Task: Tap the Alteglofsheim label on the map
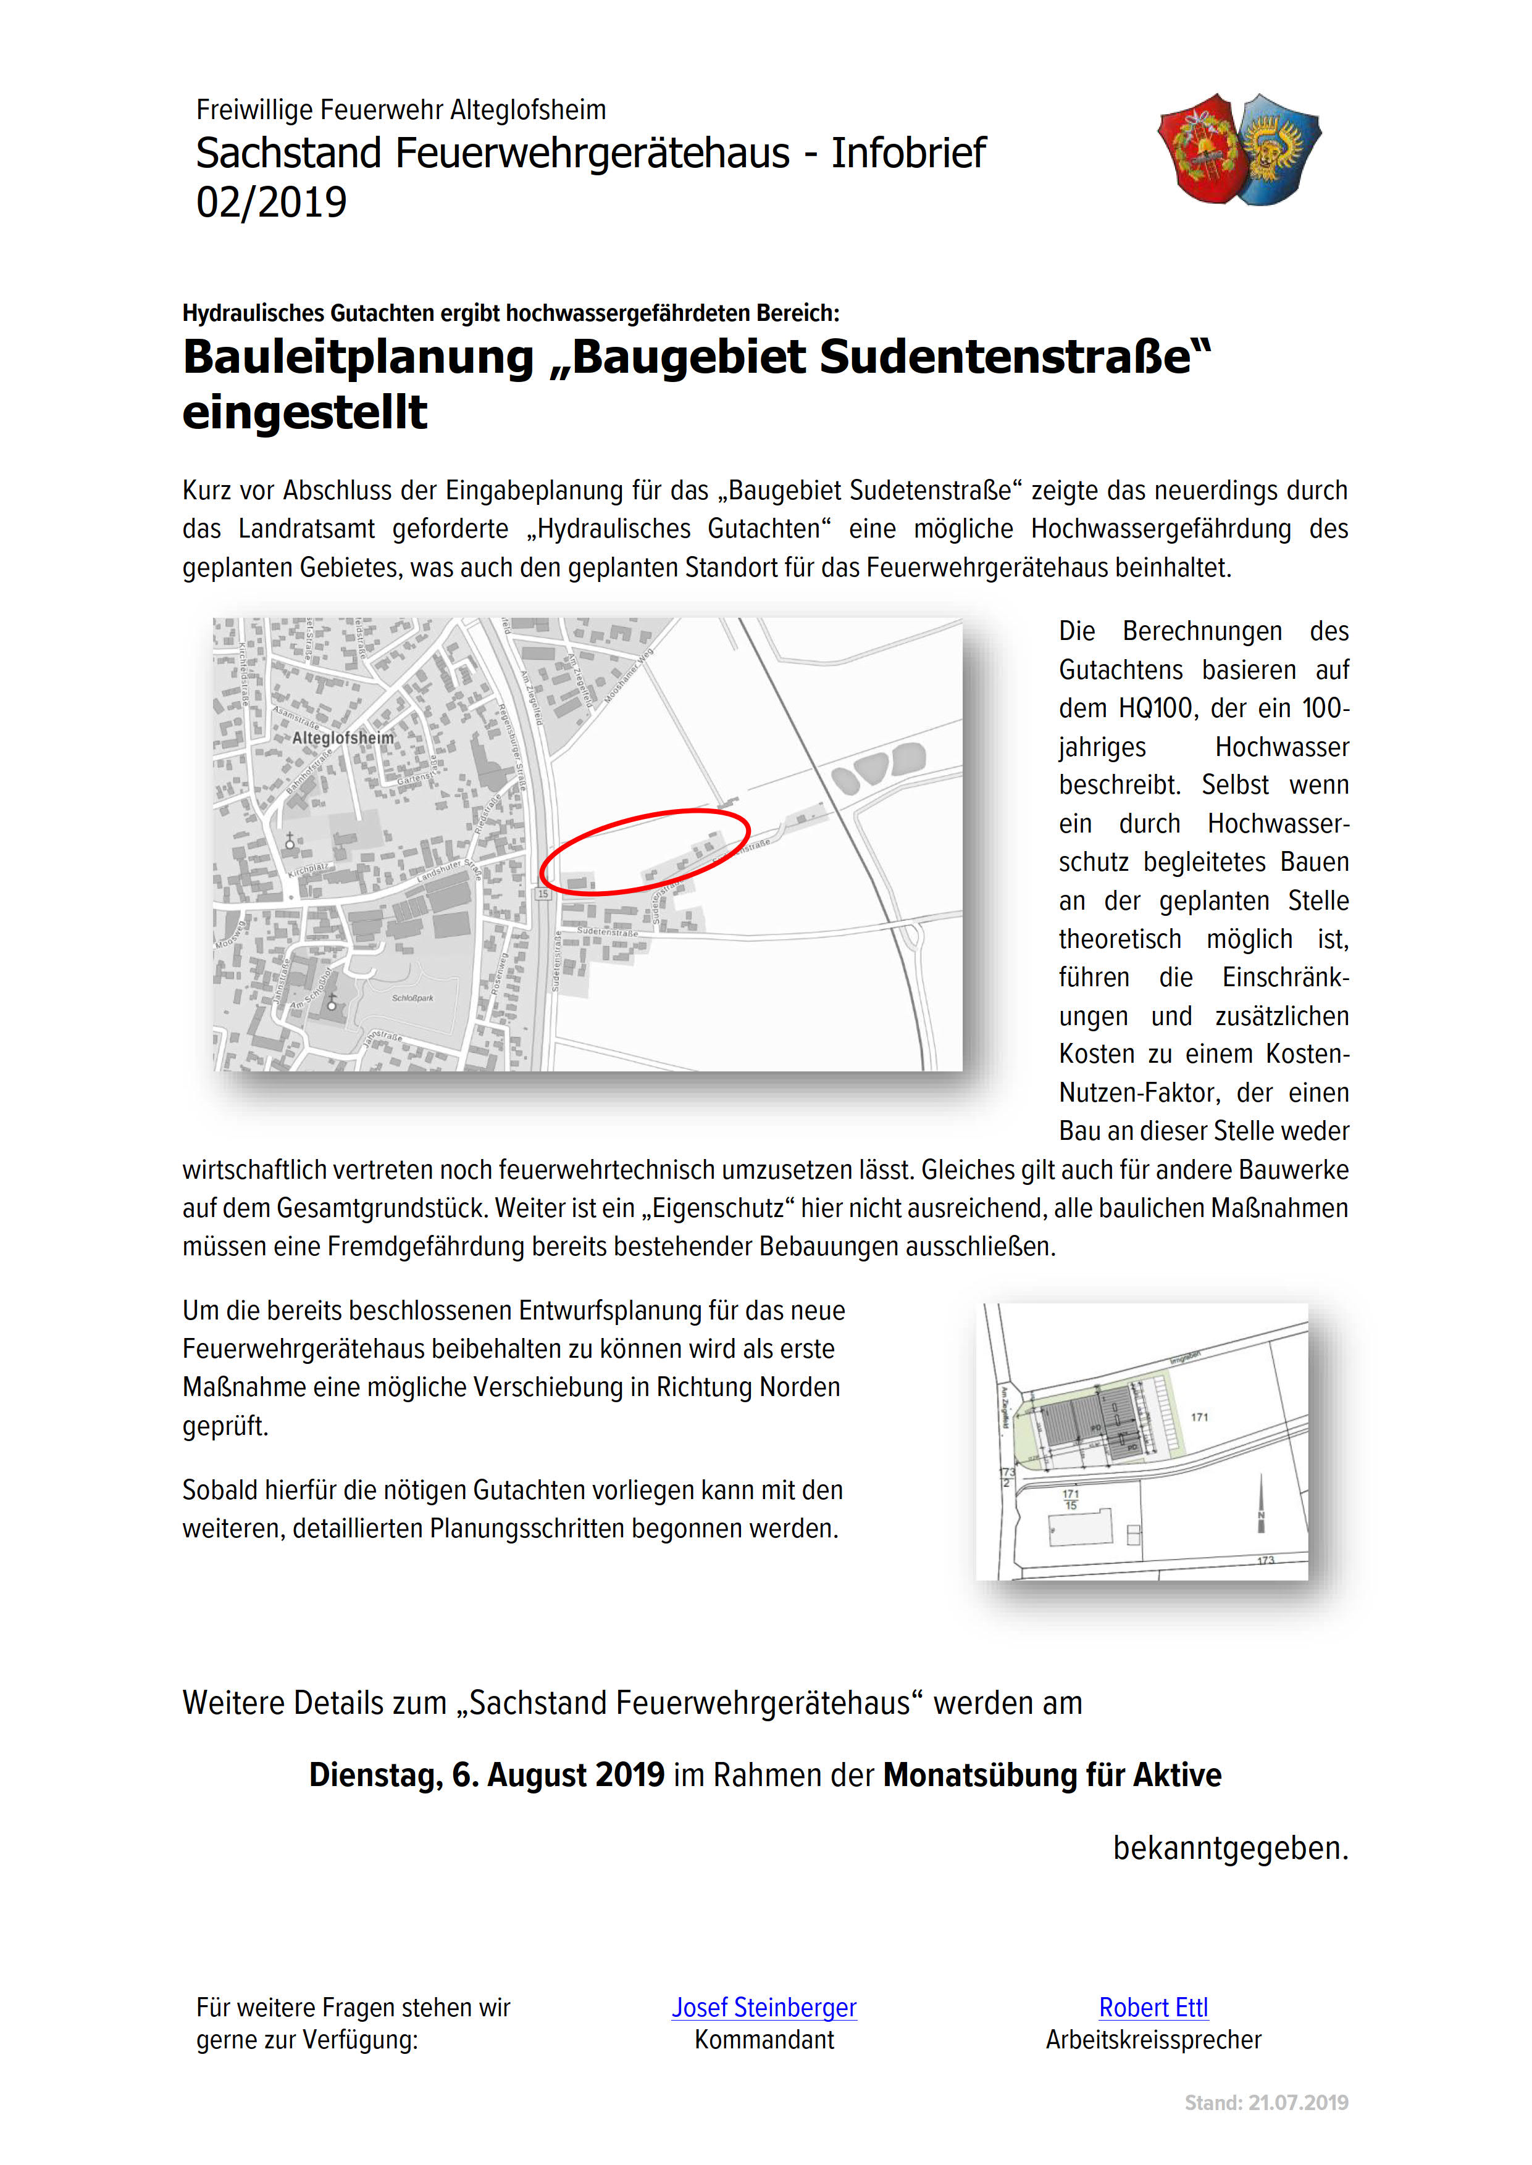(x=343, y=738)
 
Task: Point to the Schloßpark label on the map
(x=413, y=997)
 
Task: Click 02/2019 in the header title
(x=272, y=202)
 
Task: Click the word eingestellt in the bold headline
(x=304, y=413)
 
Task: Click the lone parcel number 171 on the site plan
(x=1199, y=1416)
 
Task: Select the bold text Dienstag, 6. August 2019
(x=487, y=1774)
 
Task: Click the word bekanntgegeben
(x=1230, y=1848)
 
